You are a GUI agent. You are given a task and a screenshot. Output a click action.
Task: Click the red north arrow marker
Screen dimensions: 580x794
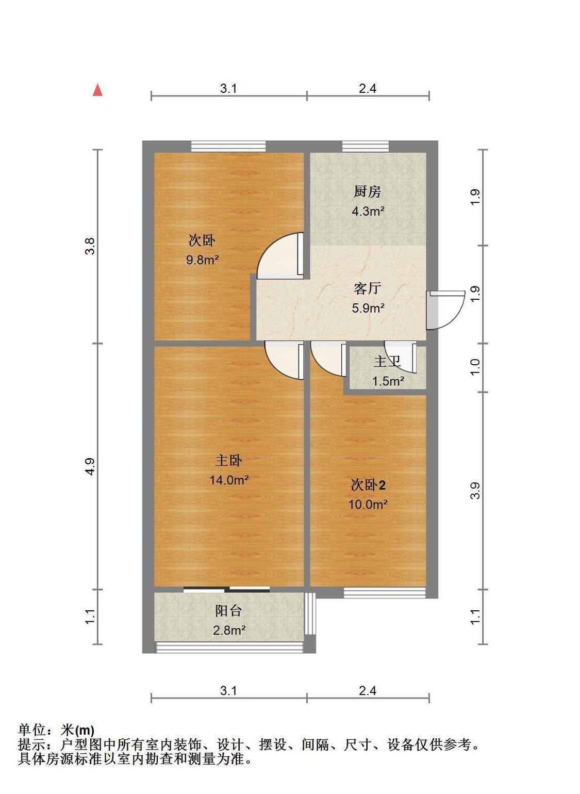(x=97, y=90)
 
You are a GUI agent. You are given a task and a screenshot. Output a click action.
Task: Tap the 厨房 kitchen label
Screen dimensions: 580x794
(x=367, y=192)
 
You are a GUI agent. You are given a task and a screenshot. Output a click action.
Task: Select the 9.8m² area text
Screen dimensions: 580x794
(x=202, y=260)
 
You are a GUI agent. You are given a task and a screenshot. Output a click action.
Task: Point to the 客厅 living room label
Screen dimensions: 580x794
(x=367, y=288)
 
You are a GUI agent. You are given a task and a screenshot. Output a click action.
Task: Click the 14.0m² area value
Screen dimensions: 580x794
(x=229, y=480)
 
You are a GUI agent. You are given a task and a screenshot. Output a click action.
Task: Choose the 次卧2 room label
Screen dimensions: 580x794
(x=368, y=484)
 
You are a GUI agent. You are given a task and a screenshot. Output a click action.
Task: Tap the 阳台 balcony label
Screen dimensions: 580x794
(x=228, y=611)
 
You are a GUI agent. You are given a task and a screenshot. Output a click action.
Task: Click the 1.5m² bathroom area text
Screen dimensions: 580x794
(x=388, y=381)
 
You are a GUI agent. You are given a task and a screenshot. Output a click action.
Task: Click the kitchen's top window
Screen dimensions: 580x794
(x=366, y=146)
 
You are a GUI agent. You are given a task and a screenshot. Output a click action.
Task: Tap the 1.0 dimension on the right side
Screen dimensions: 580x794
(x=476, y=367)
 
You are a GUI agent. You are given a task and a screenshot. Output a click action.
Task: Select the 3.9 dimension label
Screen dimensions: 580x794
(x=476, y=491)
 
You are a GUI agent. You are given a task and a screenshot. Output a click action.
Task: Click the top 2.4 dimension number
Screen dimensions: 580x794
(x=368, y=88)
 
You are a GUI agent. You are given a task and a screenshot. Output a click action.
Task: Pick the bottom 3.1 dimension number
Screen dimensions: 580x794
(x=228, y=690)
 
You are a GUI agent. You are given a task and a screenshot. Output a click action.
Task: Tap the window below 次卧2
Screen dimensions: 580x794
(x=385, y=593)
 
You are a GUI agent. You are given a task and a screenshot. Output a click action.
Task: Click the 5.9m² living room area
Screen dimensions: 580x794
(x=368, y=308)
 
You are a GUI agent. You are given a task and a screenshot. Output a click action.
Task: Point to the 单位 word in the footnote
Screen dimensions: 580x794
(x=31, y=730)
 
